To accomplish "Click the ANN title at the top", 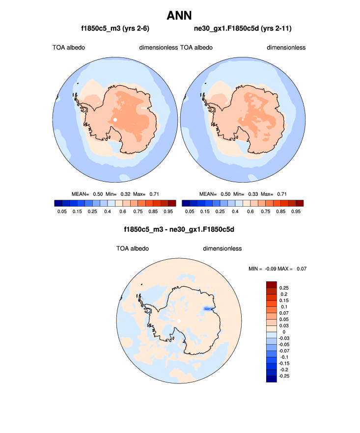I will pyautogui.click(x=179, y=16).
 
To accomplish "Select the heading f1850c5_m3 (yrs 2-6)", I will pyautogui.click(x=115, y=29).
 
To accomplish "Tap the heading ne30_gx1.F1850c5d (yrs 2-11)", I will pyautogui.click(x=243, y=29).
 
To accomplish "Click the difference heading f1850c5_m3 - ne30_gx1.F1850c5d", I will pyautogui.click(x=180, y=229).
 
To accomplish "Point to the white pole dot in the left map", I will pyautogui.click(x=115, y=119).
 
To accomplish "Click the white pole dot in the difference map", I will pyautogui.click(x=179, y=321).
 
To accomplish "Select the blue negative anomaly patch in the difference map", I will pyautogui.click(x=208, y=309).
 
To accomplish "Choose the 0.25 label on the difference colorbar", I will pyautogui.click(x=284, y=288).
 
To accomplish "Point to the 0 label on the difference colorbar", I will pyautogui.click(x=284, y=332).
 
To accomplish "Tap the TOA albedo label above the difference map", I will pyautogui.click(x=133, y=248).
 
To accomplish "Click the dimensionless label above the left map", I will pyautogui.click(x=158, y=48).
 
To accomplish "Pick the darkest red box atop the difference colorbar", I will pyautogui.click(x=272, y=285).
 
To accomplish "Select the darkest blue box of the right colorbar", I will pyautogui.click(x=186, y=203).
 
